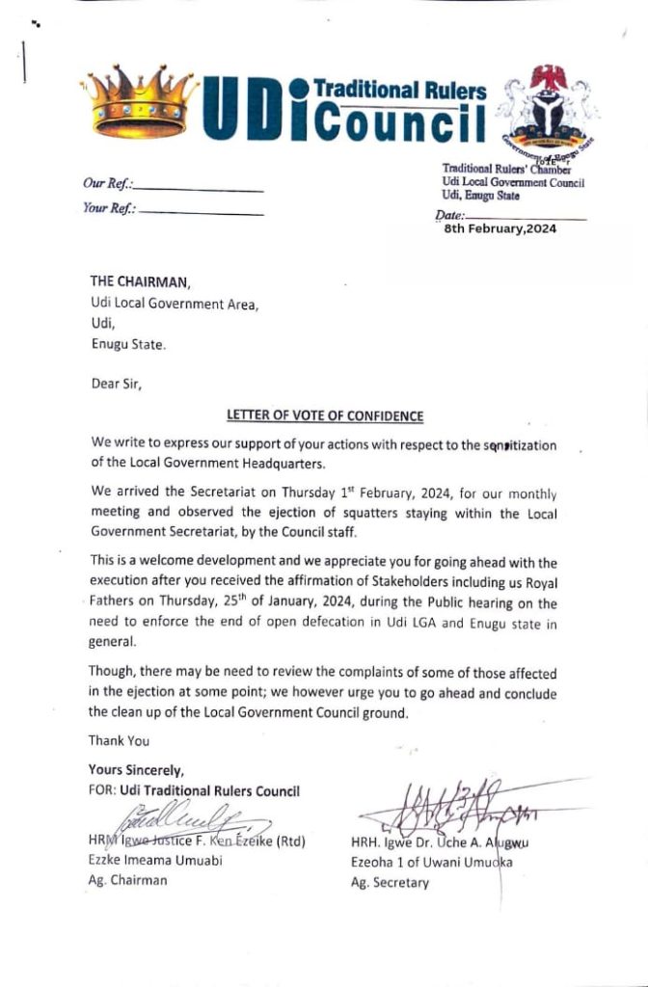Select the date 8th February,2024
pos(500,228)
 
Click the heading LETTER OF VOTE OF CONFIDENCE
pos(325,416)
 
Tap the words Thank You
pos(119,741)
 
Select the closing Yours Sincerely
pos(135,771)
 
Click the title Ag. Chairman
pos(127,880)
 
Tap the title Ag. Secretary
pos(390,882)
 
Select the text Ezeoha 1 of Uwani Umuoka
pos(431,863)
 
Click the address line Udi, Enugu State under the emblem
pos(480,196)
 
